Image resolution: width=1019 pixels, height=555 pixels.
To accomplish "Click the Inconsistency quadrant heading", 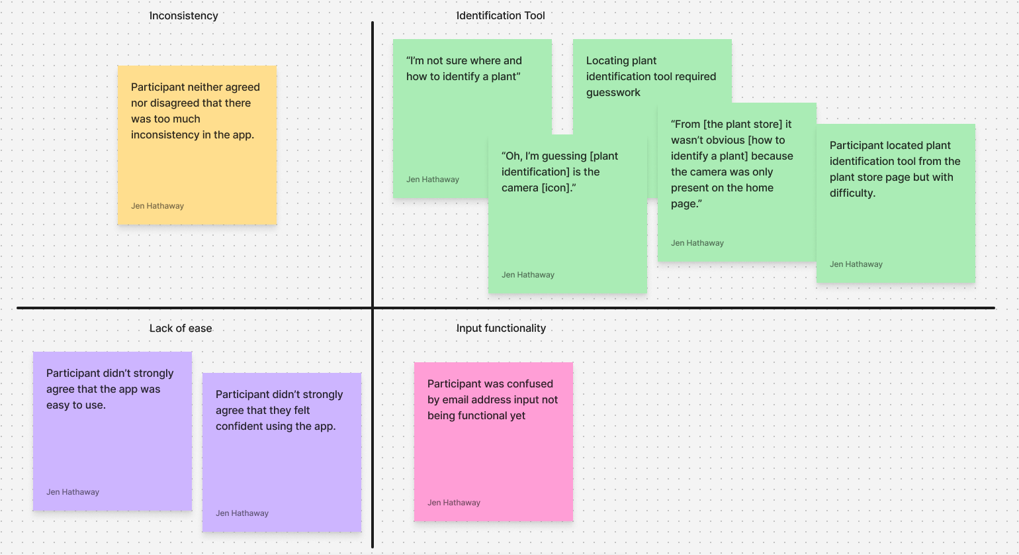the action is pos(184,16).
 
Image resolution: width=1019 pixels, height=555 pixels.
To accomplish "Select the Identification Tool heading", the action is pos(500,15).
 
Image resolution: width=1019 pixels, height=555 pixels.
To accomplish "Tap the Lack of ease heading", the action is pos(181,328).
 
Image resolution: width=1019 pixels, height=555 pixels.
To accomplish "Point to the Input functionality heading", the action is pos(501,328).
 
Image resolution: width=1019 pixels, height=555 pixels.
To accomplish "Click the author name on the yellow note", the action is pos(157,206).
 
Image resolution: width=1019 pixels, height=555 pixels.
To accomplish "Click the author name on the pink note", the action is pos(453,503).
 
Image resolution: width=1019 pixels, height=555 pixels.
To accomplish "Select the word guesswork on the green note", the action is pos(613,93).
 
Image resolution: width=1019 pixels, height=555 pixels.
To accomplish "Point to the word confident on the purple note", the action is pos(253,426).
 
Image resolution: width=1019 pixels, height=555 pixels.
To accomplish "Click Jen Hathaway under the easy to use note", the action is pos(73,492).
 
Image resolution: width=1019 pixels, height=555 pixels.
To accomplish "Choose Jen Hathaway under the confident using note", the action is pos(242,513).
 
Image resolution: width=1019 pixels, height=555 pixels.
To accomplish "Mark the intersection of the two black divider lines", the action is pos(373,308).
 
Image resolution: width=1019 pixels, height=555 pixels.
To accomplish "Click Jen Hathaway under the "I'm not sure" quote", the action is pos(433,179).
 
